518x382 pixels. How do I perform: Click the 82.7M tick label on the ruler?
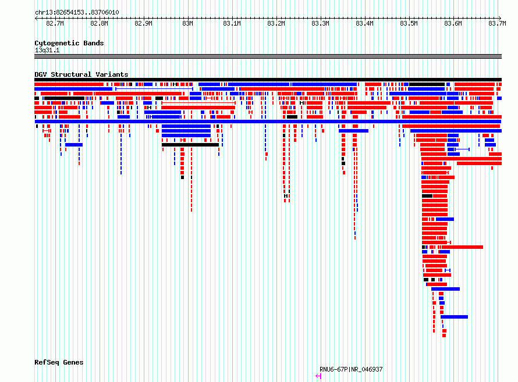(55, 23)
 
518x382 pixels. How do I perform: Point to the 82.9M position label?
(143, 23)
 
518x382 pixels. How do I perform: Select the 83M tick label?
(187, 23)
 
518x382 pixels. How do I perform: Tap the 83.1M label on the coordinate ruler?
(232, 23)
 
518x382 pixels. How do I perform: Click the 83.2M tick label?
(276, 23)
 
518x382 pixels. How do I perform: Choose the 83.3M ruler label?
(321, 23)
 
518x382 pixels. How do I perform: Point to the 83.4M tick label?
(365, 23)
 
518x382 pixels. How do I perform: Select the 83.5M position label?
(409, 23)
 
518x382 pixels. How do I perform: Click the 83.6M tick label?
(453, 23)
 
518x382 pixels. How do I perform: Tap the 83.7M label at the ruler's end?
(497, 23)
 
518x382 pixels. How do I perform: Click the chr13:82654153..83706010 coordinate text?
(77, 13)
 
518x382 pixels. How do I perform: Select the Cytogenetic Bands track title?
(69, 43)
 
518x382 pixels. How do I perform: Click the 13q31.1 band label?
(47, 50)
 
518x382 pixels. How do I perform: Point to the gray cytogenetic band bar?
(268, 56)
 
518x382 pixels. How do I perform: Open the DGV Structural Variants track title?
(81, 74)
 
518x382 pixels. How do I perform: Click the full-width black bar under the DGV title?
(268, 80)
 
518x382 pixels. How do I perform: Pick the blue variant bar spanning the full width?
(268, 122)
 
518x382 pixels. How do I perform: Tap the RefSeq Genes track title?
(59, 362)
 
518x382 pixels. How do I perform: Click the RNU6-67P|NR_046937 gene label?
(351, 369)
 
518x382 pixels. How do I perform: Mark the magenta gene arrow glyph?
(318, 376)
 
